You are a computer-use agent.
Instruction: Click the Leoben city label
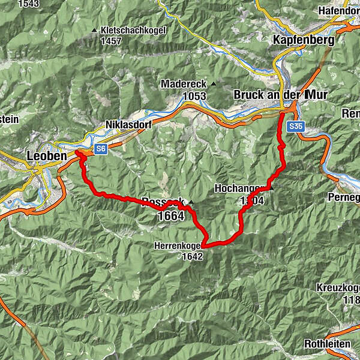[x=47, y=156]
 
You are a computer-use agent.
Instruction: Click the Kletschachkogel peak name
[x=133, y=31]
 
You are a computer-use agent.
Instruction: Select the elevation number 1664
[x=172, y=217]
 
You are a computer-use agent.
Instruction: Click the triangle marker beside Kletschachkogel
[x=94, y=31]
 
